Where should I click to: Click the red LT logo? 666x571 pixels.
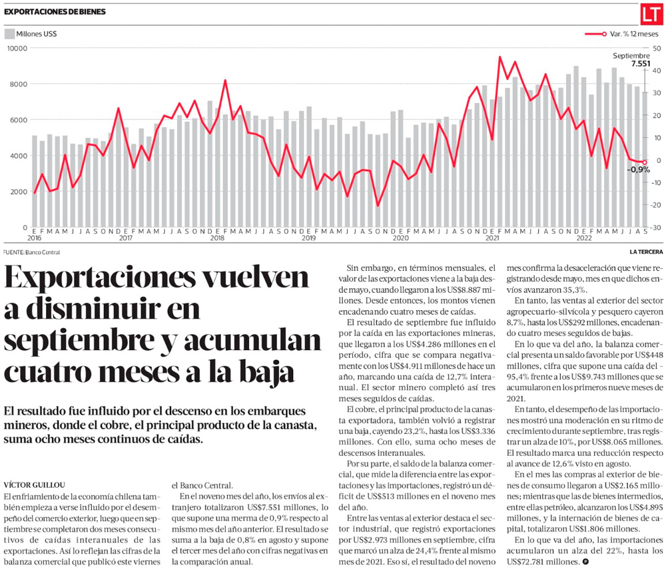pyautogui.click(x=651, y=13)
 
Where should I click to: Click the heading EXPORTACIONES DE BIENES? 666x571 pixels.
pyautogui.click(x=55, y=12)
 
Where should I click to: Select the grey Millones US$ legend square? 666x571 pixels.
pyautogui.click(x=9, y=33)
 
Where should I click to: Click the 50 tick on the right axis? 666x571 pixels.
pyautogui.click(x=657, y=48)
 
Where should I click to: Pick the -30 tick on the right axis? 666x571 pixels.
pyautogui.click(x=656, y=228)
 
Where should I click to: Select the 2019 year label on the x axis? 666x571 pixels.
pyautogui.click(x=308, y=238)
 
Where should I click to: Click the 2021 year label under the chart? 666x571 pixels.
pyautogui.click(x=493, y=238)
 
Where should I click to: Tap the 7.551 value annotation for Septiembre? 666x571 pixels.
pyautogui.click(x=641, y=64)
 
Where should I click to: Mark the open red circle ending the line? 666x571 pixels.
pyautogui.click(x=644, y=162)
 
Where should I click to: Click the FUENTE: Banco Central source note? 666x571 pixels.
pyautogui.click(x=31, y=252)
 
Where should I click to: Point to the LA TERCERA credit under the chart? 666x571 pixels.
pyautogui.click(x=647, y=252)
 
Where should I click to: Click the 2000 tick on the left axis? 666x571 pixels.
pyautogui.click(x=19, y=192)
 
